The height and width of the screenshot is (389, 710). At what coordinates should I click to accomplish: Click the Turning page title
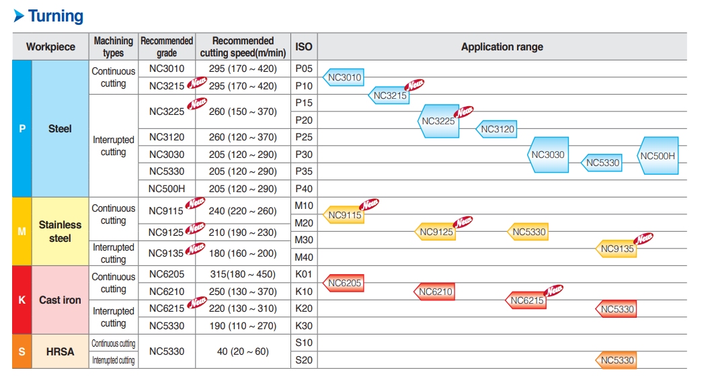point(55,16)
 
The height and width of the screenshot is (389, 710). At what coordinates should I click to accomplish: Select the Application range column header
point(502,47)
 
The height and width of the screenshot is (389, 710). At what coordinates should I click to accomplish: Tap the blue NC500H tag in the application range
point(658,156)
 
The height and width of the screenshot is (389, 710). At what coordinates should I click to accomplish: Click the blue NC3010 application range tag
point(344,77)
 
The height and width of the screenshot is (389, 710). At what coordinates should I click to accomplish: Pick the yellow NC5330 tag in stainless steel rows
point(528,232)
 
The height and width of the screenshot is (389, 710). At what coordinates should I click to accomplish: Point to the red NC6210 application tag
point(435,292)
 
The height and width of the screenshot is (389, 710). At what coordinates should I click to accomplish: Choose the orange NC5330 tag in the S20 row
point(617,360)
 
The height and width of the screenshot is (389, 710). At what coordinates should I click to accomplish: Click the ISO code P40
point(304,189)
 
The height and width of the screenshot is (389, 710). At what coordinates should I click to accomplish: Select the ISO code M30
point(304,240)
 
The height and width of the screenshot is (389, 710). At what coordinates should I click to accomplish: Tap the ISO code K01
point(304,274)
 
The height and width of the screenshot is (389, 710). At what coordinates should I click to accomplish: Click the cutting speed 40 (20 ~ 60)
point(243,351)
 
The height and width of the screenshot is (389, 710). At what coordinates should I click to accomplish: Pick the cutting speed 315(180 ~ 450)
point(243,274)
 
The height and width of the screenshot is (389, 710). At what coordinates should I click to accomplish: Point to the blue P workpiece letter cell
point(22,128)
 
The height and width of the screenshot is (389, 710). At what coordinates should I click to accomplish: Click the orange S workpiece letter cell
point(22,351)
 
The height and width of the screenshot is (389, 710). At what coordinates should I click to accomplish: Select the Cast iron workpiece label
point(60,300)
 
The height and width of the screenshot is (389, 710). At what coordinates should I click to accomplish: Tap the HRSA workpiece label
point(60,351)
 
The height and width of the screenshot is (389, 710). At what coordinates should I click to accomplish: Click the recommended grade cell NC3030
point(166,155)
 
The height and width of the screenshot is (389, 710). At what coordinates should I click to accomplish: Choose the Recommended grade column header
point(166,47)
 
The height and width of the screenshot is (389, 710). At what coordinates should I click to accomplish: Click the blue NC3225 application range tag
point(438,121)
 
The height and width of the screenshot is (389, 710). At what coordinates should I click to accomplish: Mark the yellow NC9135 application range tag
point(617,249)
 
